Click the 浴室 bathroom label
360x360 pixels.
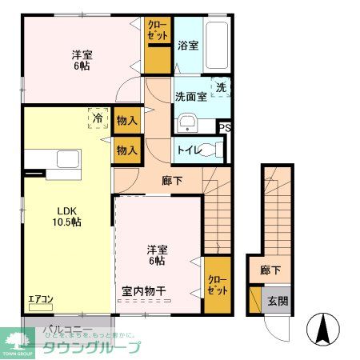[188, 46]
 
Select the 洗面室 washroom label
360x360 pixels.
[191, 96]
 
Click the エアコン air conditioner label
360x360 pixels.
[41, 300]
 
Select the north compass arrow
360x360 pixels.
[326, 327]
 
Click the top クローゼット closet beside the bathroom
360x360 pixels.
[158, 44]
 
